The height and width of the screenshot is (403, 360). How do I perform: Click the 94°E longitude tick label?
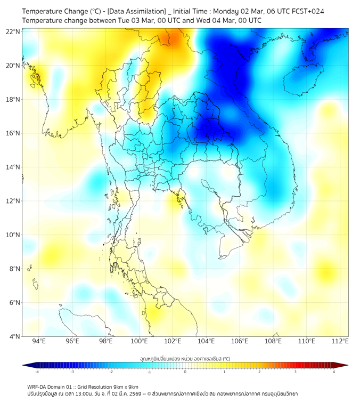[x=39, y=341]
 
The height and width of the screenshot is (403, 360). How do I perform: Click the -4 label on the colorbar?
[x=37, y=372]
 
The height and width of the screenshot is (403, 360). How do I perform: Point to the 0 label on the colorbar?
[x=185, y=372]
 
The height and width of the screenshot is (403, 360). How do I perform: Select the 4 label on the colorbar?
[x=333, y=372]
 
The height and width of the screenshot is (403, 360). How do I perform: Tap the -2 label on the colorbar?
[x=111, y=372]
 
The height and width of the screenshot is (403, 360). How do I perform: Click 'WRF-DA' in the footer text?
[x=37, y=386]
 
